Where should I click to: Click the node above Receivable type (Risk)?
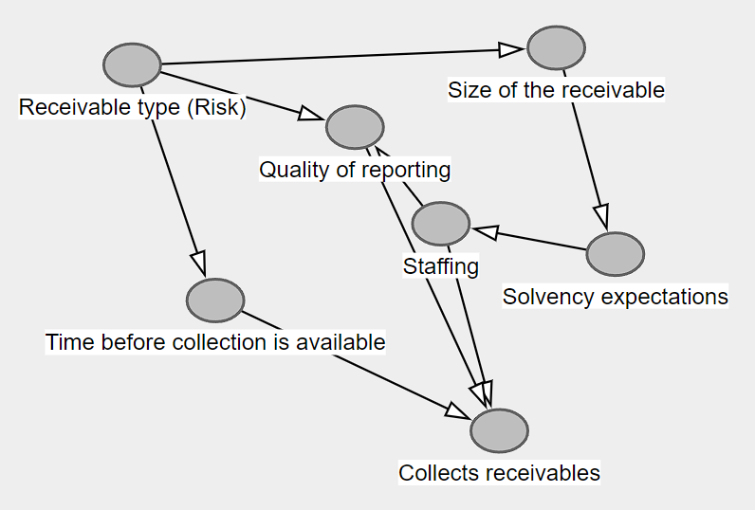[x=132, y=65]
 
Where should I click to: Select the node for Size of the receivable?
[x=556, y=48]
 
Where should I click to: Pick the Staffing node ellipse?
[x=440, y=224]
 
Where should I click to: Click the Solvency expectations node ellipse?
[x=615, y=254]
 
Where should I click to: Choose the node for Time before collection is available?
[x=215, y=300]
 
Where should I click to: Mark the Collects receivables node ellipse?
[x=499, y=430]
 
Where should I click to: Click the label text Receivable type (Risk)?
[x=132, y=108]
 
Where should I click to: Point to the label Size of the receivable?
[x=556, y=91]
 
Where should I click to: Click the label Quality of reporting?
[x=355, y=170]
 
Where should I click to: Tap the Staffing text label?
[x=440, y=266]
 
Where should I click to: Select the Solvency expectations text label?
[x=615, y=297]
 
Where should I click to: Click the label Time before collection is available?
[x=215, y=342]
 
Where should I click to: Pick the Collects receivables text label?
[x=499, y=473]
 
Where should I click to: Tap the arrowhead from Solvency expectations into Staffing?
[x=484, y=230]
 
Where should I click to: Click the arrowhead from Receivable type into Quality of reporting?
[x=312, y=115]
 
